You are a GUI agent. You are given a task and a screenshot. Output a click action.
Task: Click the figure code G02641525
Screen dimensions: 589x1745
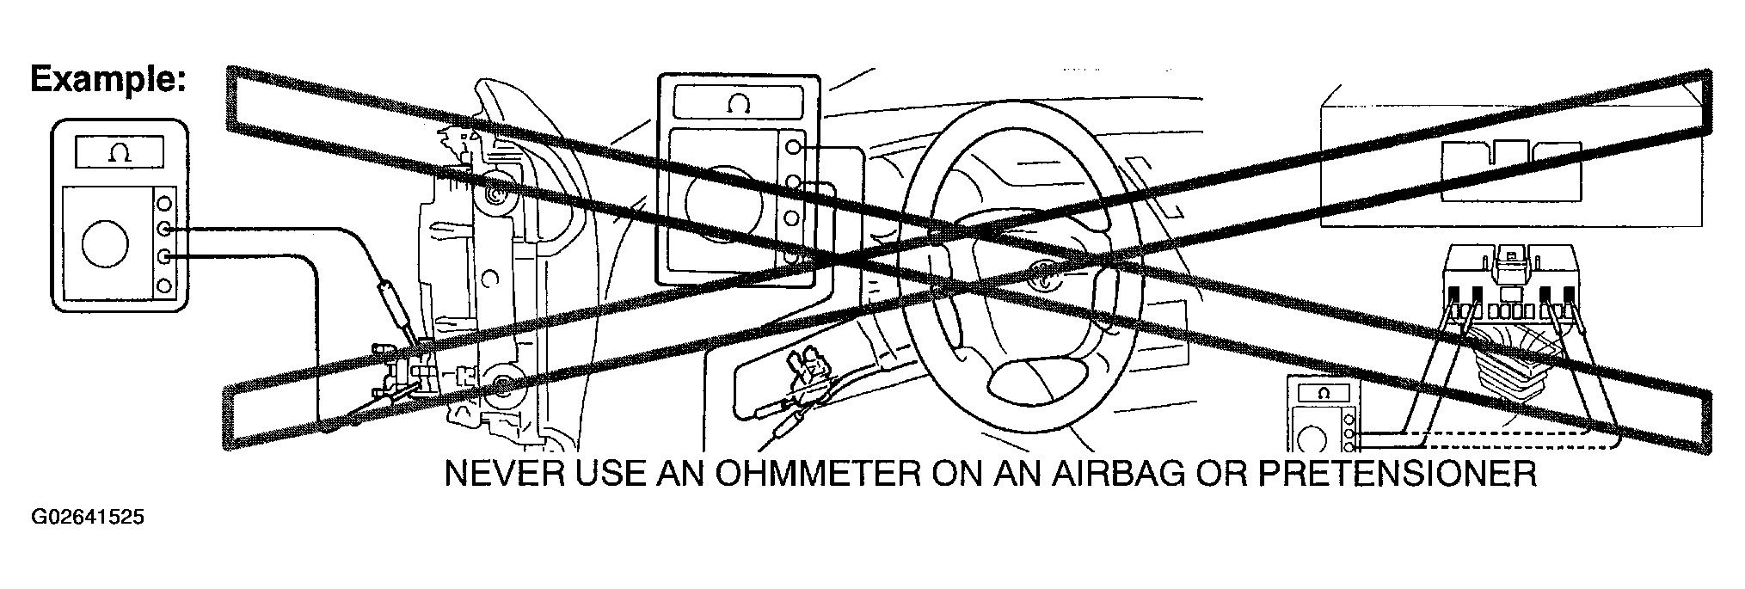point(88,518)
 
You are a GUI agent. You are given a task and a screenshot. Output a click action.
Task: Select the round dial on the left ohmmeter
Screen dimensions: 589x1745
point(105,243)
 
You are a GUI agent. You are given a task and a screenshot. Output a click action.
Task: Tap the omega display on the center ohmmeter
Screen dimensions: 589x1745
point(739,105)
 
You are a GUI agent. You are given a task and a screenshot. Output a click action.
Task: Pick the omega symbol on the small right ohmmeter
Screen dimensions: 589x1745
point(1323,394)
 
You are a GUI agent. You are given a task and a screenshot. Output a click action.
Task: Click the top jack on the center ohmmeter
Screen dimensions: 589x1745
point(793,147)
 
